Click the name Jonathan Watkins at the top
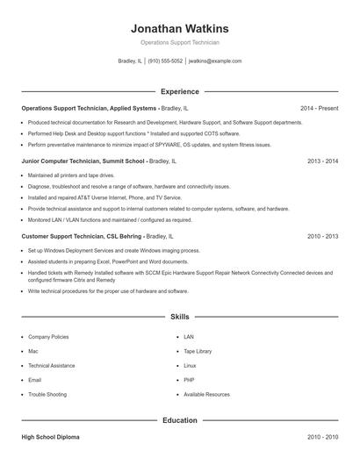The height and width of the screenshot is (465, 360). pyautogui.click(x=179, y=28)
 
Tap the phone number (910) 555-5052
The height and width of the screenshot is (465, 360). pyautogui.click(x=165, y=61)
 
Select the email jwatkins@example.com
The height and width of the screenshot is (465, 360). pyautogui.click(x=215, y=61)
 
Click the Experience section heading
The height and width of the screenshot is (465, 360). pyautogui.click(x=179, y=91)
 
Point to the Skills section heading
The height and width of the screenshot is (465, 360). pyautogui.click(x=179, y=317)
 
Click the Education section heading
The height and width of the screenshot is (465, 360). pyautogui.click(x=179, y=420)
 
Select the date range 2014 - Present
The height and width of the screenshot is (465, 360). pyautogui.click(x=319, y=108)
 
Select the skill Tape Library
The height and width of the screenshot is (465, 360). pyautogui.click(x=198, y=351)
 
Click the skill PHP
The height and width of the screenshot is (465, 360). pyautogui.click(x=189, y=380)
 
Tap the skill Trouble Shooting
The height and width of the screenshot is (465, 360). pyautogui.click(x=47, y=395)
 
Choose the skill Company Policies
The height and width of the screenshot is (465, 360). pyautogui.click(x=48, y=337)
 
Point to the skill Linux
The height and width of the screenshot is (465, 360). pyautogui.click(x=190, y=366)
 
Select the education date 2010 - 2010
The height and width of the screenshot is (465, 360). pyautogui.click(x=322, y=436)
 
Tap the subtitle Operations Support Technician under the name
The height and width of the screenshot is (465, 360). pyautogui.click(x=179, y=42)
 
